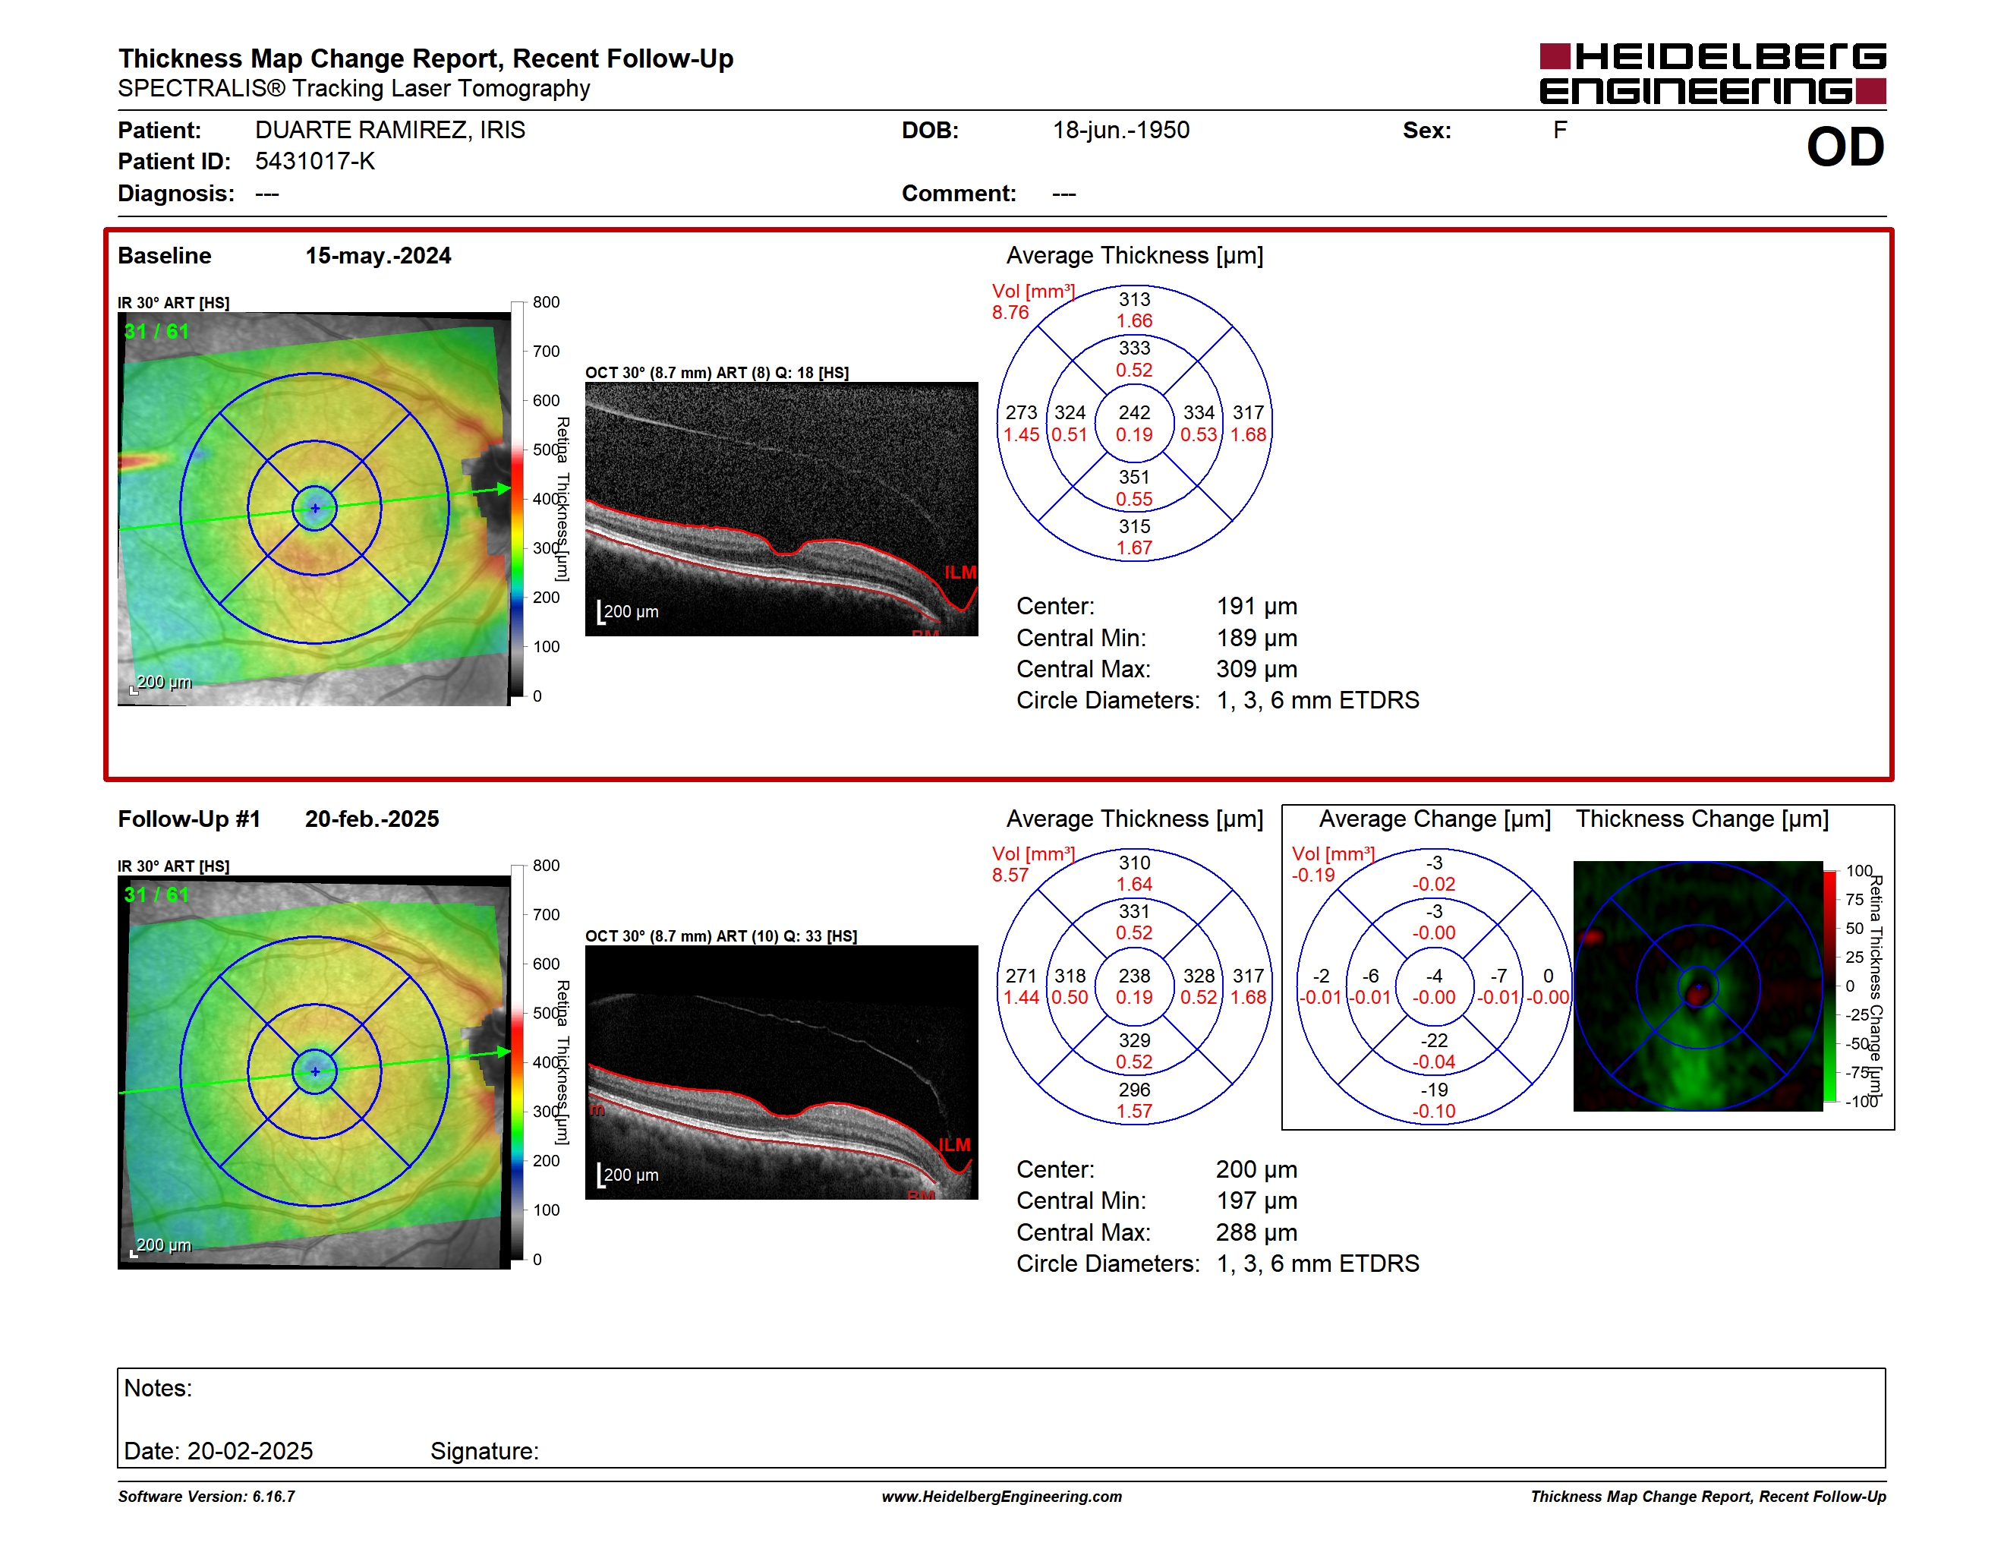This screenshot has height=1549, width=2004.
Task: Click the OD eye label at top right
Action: point(1845,147)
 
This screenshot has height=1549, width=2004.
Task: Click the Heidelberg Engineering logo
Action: point(1713,74)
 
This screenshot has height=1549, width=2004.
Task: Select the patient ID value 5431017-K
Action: point(315,162)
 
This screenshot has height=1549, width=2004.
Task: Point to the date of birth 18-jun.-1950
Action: point(1120,131)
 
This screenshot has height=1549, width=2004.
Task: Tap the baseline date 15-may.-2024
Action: point(378,256)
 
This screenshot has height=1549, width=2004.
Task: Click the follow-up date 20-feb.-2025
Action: point(372,819)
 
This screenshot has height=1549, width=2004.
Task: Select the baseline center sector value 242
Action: point(1134,413)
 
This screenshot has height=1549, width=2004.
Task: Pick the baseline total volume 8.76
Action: point(1010,312)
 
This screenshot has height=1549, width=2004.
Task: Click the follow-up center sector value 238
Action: point(1134,976)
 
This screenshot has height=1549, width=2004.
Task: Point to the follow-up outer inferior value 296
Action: point(1134,1090)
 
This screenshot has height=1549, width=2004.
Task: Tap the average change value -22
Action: point(1434,1040)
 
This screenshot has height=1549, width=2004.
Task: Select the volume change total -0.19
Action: point(1313,875)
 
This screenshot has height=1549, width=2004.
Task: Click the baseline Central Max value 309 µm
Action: point(1257,669)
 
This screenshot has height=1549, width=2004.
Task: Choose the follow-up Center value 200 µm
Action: point(1257,1169)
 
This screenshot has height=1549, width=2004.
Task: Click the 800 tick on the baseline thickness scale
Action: point(546,302)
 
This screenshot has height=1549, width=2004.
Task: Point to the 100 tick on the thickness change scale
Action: point(1859,870)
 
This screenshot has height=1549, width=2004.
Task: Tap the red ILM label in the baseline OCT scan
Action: point(959,572)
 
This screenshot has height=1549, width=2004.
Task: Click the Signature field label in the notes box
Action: point(484,1451)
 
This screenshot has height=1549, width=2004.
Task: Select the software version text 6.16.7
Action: point(273,1497)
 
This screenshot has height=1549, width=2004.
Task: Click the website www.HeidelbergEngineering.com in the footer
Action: point(1002,1497)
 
